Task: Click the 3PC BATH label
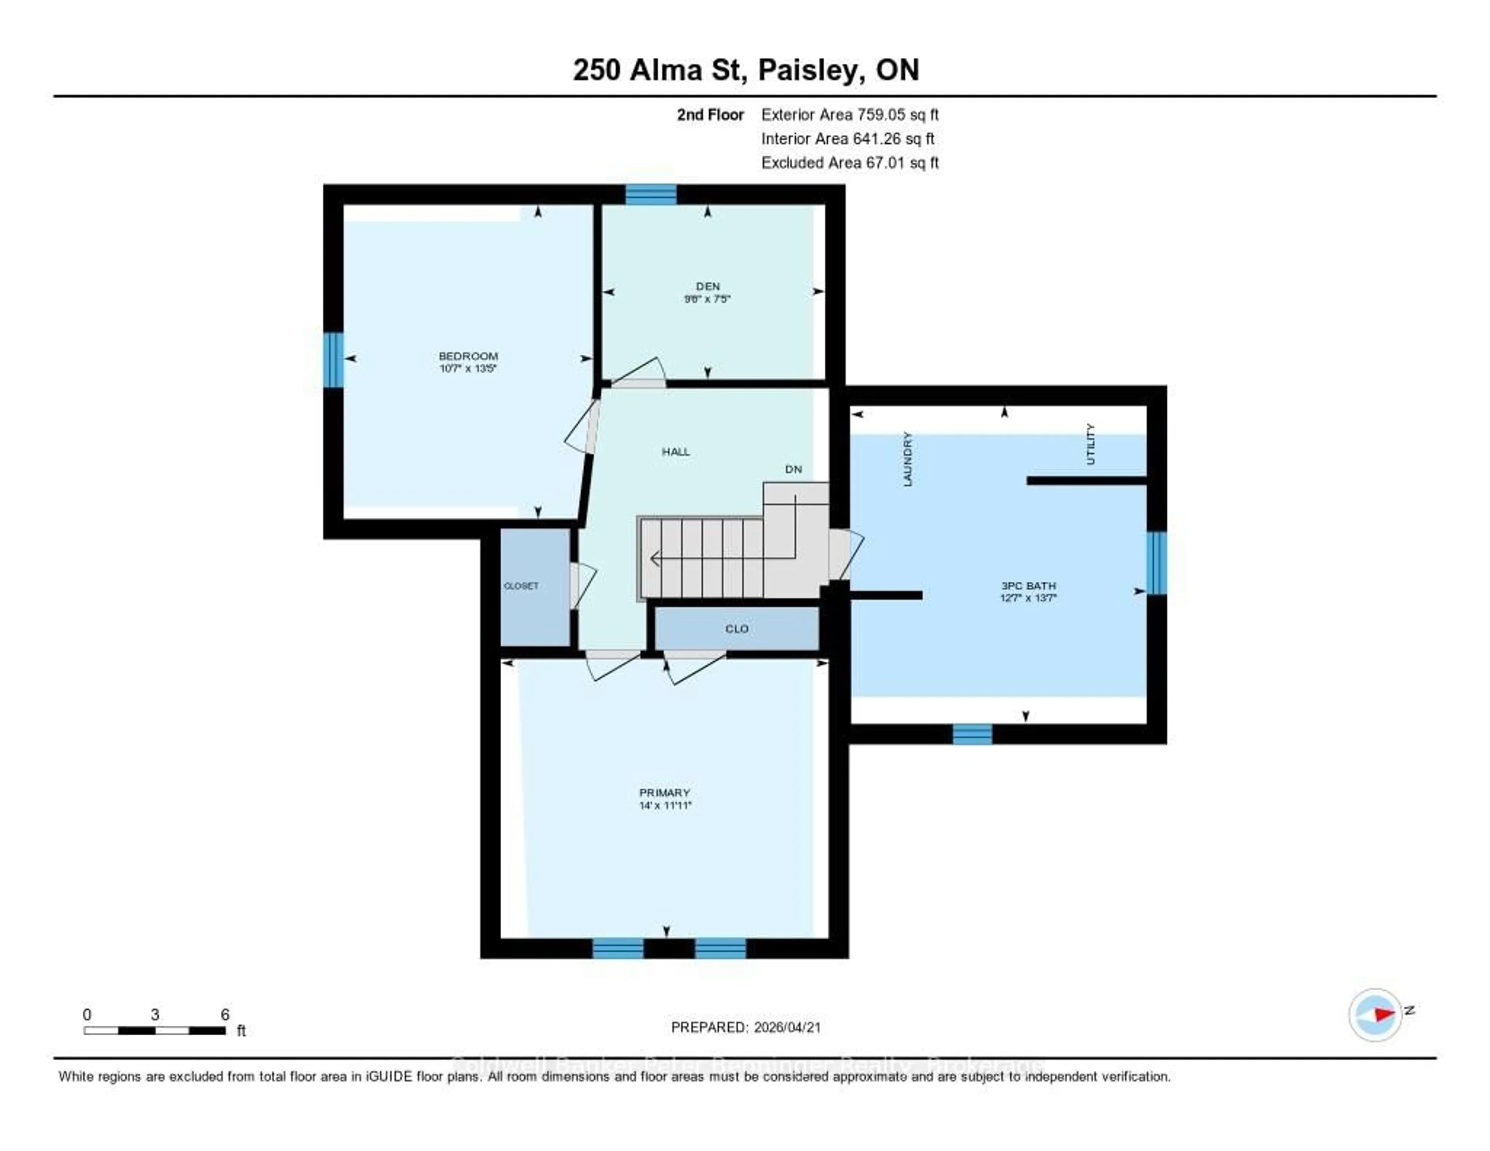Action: pyautogui.click(x=1028, y=585)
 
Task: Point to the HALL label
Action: pyautogui.click(x=676, y=452)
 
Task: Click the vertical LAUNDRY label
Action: pyautogui.click(x=907, y=458)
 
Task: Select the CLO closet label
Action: pyautogui.click(x=737, y=628)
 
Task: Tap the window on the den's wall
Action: pyautogui.click(x=651, y=194)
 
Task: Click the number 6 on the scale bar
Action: pyautogui.click(x=225, y=1014)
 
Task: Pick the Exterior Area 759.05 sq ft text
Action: pyautogui.click(x=849, y=114)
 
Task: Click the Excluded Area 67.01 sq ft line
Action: pyautogui.click(x=849, y=162)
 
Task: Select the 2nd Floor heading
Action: pyautogui.click(x=710, y=114)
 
